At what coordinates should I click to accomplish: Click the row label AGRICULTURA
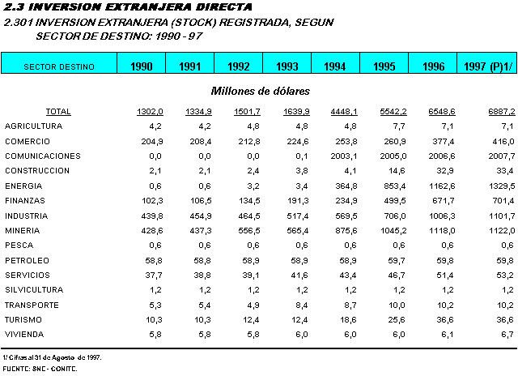[x=33, y=126]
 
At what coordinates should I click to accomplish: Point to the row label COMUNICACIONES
[x=43, y=156]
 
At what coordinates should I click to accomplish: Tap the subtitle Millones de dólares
[x=261, y=92]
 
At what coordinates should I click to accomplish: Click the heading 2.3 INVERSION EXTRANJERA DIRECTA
[x=122, y=7]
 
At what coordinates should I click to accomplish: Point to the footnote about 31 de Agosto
[x=51, y=357]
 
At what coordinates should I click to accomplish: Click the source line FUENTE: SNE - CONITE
[x=40, y=369]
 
